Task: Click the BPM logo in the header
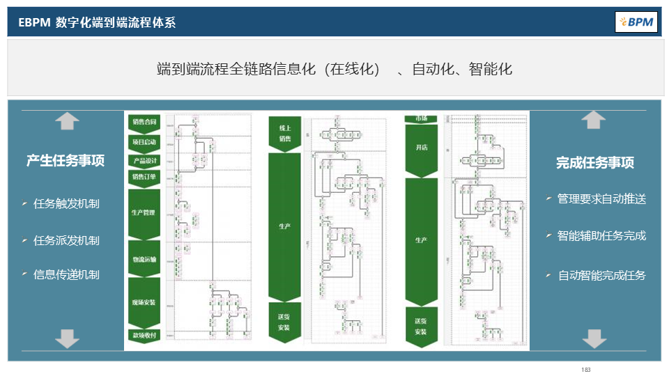[636, 22]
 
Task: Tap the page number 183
[585, 369]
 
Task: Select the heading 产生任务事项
[66, 161]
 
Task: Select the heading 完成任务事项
[594, 163]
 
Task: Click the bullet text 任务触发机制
[66, 203]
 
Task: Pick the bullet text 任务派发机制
[66, 240]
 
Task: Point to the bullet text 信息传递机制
[66, 274]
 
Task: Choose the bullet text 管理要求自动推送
[601, 199]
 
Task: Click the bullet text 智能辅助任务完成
[601, 235]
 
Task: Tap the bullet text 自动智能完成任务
[601, 275]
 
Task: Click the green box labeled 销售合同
[144, 122]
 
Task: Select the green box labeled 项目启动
[144, 141]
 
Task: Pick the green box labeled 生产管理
[144, 212]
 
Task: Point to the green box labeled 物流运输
[144, 259]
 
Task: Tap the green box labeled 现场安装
[144, 303]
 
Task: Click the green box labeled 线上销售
[284, 133]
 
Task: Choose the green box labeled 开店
[421, 148]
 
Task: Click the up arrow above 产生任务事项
[67, 121]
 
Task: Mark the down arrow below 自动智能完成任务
[593, 338]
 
